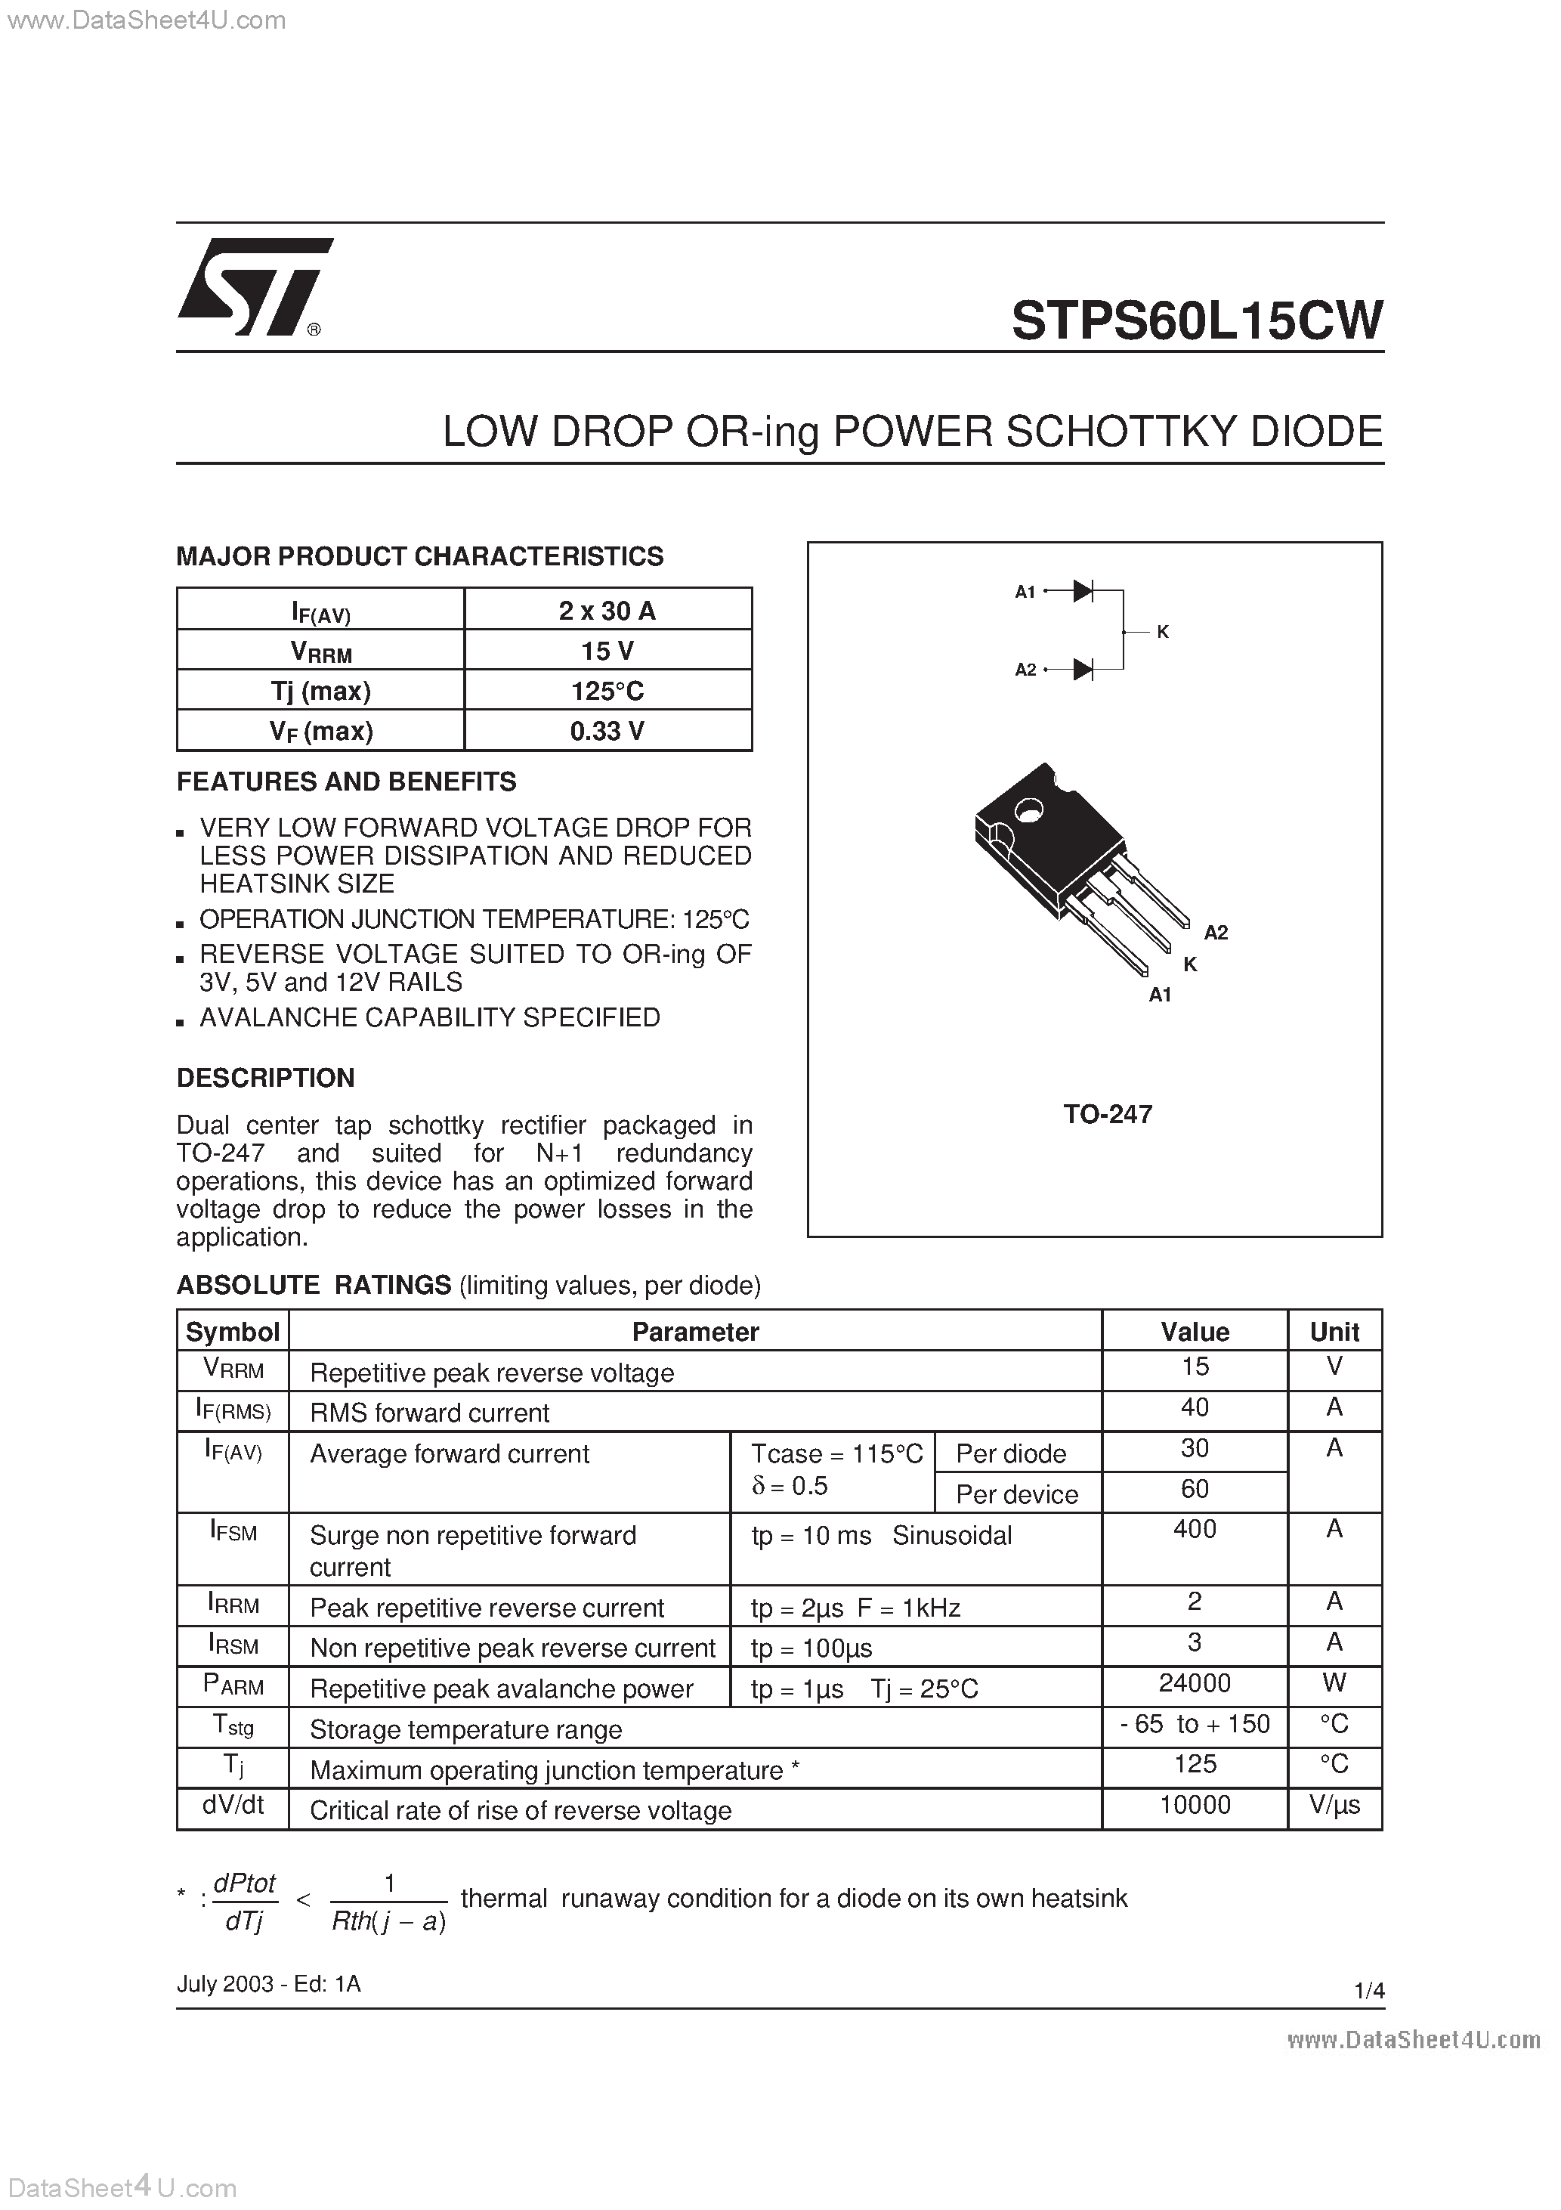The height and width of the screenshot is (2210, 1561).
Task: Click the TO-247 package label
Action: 1107,1113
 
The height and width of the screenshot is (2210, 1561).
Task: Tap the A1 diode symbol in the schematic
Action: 1083,591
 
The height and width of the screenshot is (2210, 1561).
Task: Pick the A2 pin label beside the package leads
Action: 1216,932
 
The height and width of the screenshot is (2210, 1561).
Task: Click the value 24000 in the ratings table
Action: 1195,1683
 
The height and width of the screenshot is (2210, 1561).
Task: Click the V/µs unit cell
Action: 1334,1805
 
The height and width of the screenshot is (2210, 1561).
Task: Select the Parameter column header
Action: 695,1332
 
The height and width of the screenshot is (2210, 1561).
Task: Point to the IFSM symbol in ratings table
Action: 233,1531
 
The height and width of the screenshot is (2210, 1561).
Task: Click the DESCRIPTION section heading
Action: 266,1078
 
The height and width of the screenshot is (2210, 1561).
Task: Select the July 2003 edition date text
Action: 267,1984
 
